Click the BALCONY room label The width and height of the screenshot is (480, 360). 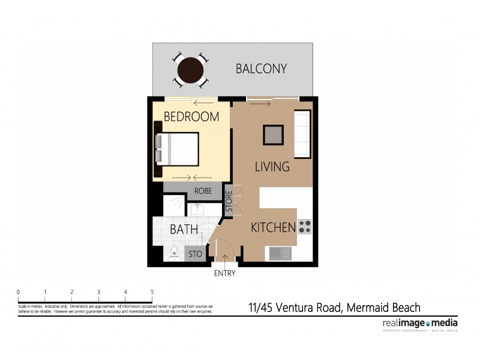pyautogui.click(x=261, y=69)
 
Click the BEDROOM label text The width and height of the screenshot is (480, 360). pyautogui.click(x=191, y=117)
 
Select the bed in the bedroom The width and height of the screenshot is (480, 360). pyautogui.click(x=178, y=148)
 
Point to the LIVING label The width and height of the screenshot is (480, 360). pyautogui.click(x=272, y=167)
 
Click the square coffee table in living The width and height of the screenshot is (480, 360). pyautogui.click(x=273, y=134)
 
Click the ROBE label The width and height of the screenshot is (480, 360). pyautogui.click(x=203, y=191)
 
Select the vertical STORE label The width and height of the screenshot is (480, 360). pyautogui.click(x=229, y=202)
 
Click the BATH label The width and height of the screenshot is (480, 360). pyautogui.click(x=180, y=229)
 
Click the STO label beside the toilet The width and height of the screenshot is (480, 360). pyautogui.click(x=195, y=254)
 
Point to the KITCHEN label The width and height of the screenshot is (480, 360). pyautogui.click(x=273, y=228)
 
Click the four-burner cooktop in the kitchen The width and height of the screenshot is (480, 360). pyautogui.click(x=305, y=226)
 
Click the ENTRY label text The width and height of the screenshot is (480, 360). pyautogui.click(x=224, y=274)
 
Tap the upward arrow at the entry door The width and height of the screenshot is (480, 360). pyautogui.click(x=225, y=258)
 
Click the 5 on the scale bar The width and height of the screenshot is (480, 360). pyautogui.click(x=152, y=292)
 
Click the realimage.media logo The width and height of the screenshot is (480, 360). pyautogui.click(x=419, y=324)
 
